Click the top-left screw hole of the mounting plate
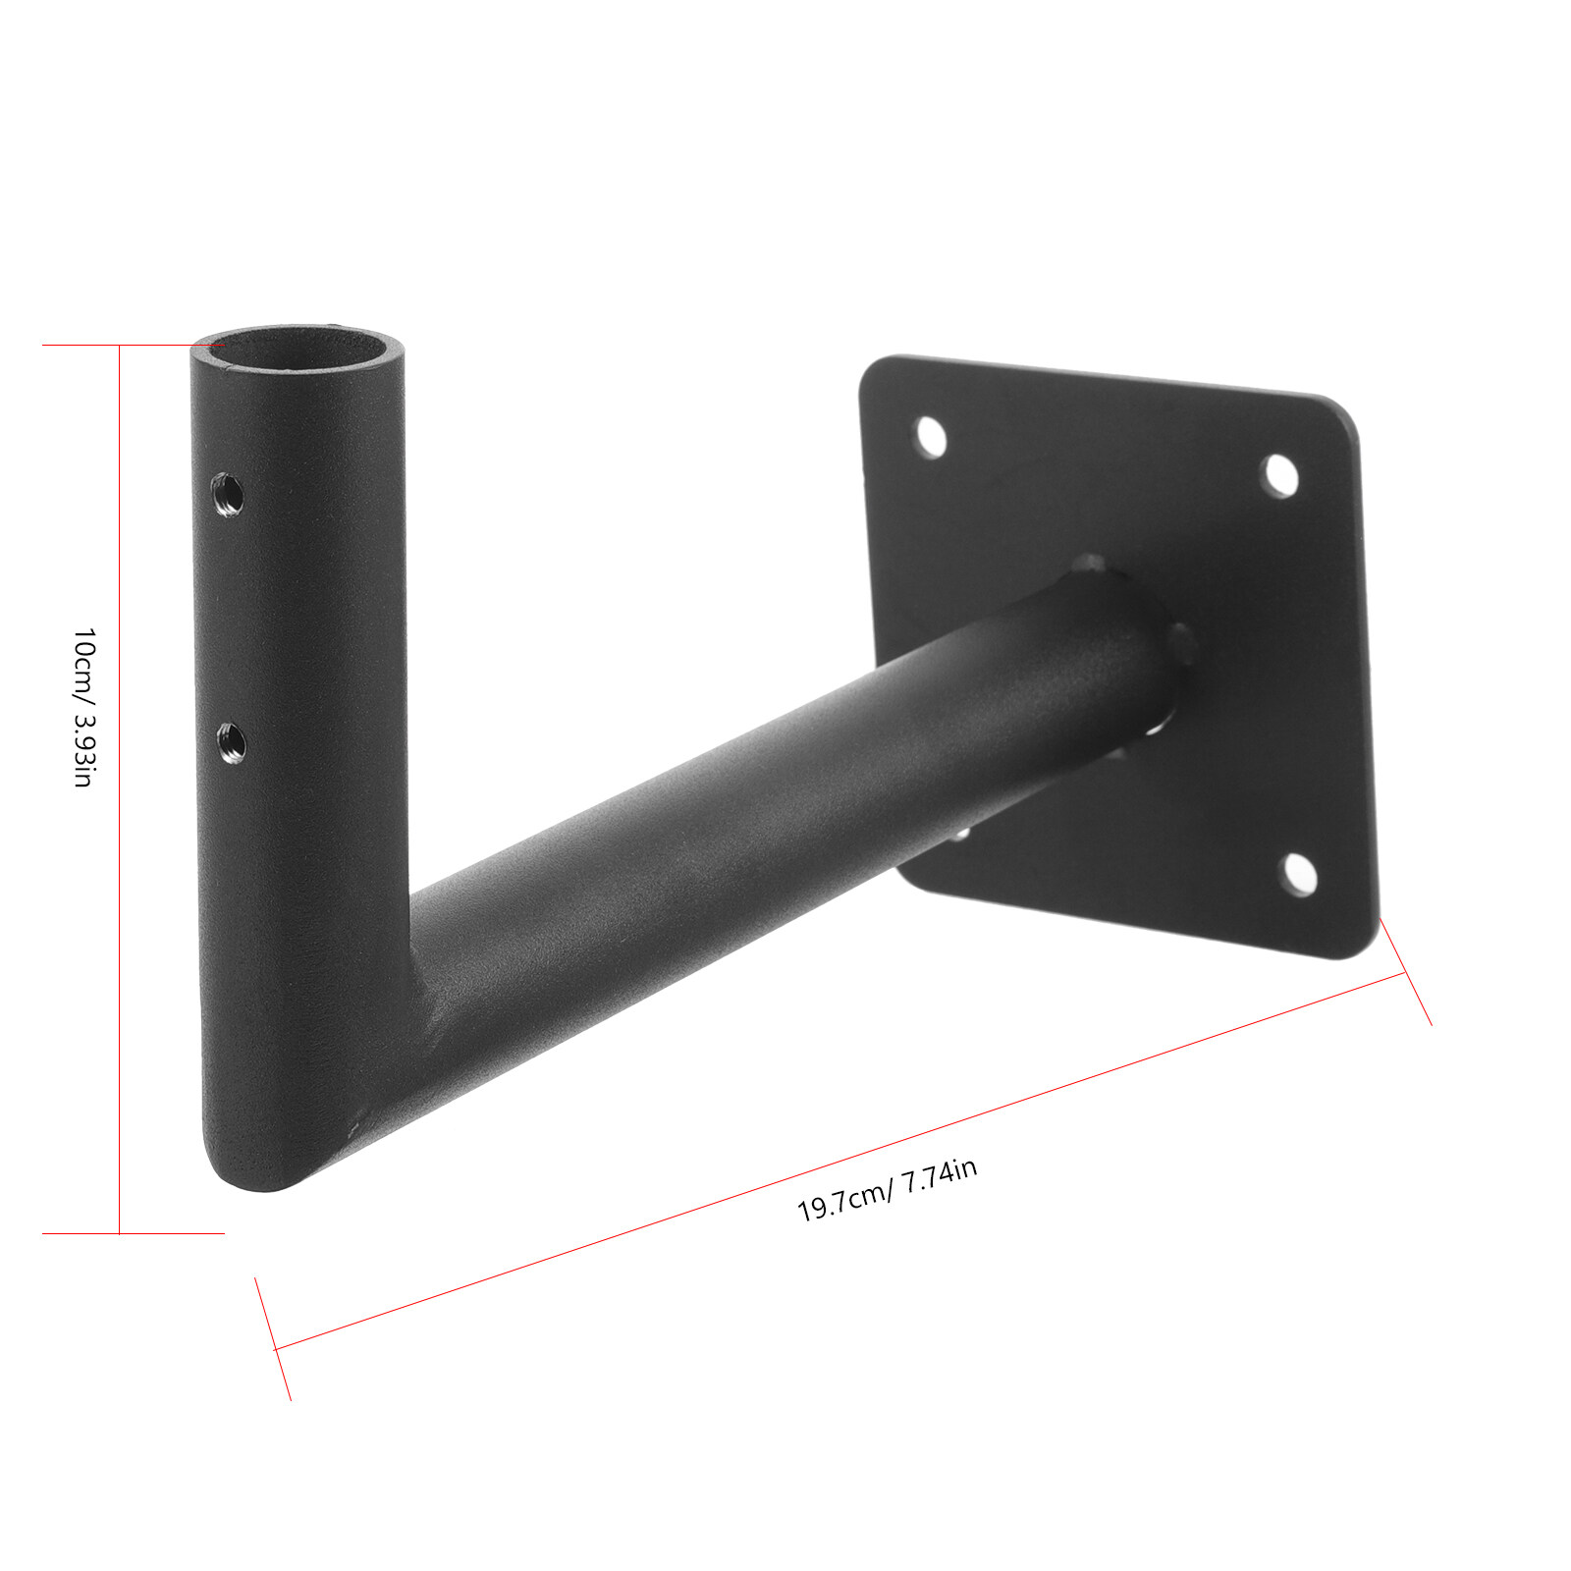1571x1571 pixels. (930, 436)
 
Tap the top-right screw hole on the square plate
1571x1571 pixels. (1279, 476)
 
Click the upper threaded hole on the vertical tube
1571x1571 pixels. (229, 494)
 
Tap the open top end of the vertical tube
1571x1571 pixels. (298, 352)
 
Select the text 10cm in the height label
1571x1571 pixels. (84, 658)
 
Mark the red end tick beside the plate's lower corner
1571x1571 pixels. (1406, 972)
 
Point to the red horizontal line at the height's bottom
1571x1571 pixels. (133, 1233)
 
